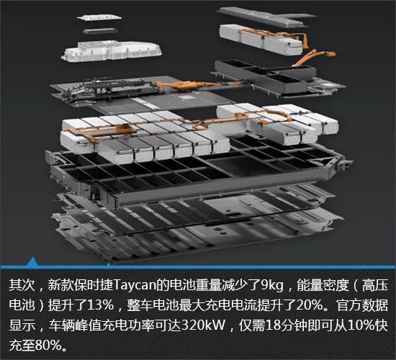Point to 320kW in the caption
(203, 325)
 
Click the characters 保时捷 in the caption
(94, 285)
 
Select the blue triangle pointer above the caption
(32, 261)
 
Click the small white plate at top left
(99, 18)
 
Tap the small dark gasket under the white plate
(100, 31)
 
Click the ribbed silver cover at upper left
(112, 52)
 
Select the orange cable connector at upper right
(331, 53)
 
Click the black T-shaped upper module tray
(265, 74)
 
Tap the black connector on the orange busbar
(125, 127)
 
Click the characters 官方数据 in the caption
(361, 305)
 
